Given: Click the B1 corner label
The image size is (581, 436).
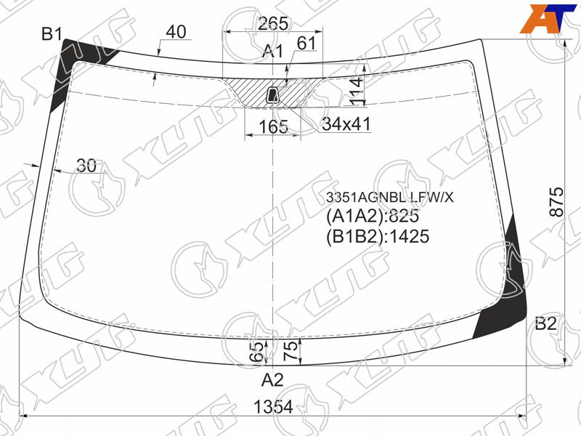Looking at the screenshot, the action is pyautogui.click(x=52, y=34).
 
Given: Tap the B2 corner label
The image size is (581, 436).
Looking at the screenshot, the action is pyautogui.click(x=545, y=323).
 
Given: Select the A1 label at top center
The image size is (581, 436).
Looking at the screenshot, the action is pyautogui.click(x=272, y=51).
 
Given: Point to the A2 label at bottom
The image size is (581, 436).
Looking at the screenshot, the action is pyautogui.click(x=272, y=379).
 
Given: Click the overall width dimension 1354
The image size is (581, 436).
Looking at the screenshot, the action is pyautogui.click(x=273, y=407).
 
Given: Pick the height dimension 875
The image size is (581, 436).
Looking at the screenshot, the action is pyautogui.click(x=556, y=202).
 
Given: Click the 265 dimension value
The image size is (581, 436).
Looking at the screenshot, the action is pyautogui.click(x=273, y=24).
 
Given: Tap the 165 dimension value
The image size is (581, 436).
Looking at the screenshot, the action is pyautogui.click(x=273, y=126).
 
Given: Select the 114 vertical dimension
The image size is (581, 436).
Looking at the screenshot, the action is pyautogui.click(x=356, y=92).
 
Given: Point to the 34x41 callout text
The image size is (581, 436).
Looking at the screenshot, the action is pyautogui.click(x=346, y=124).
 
